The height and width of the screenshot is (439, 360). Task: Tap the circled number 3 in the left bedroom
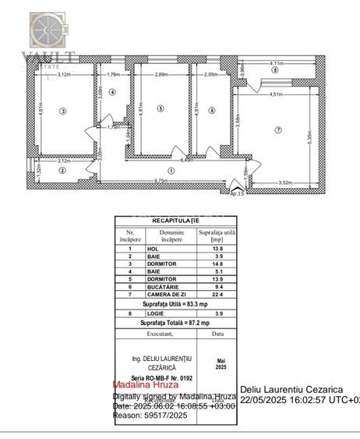pyautogui.click(x=62, y=110)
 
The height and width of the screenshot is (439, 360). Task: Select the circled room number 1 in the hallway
pyautogui.click(x=171, y=170)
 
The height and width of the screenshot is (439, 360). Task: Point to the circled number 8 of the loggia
pyautogui.click(x=274, y=71)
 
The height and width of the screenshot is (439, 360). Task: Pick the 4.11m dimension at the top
pyautogui.click(x=276, y=62)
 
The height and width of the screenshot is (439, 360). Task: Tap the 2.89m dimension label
pyautogui.click(x=161, y=73)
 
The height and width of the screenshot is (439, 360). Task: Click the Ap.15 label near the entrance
pyautogui.click(x=237, y=193)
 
